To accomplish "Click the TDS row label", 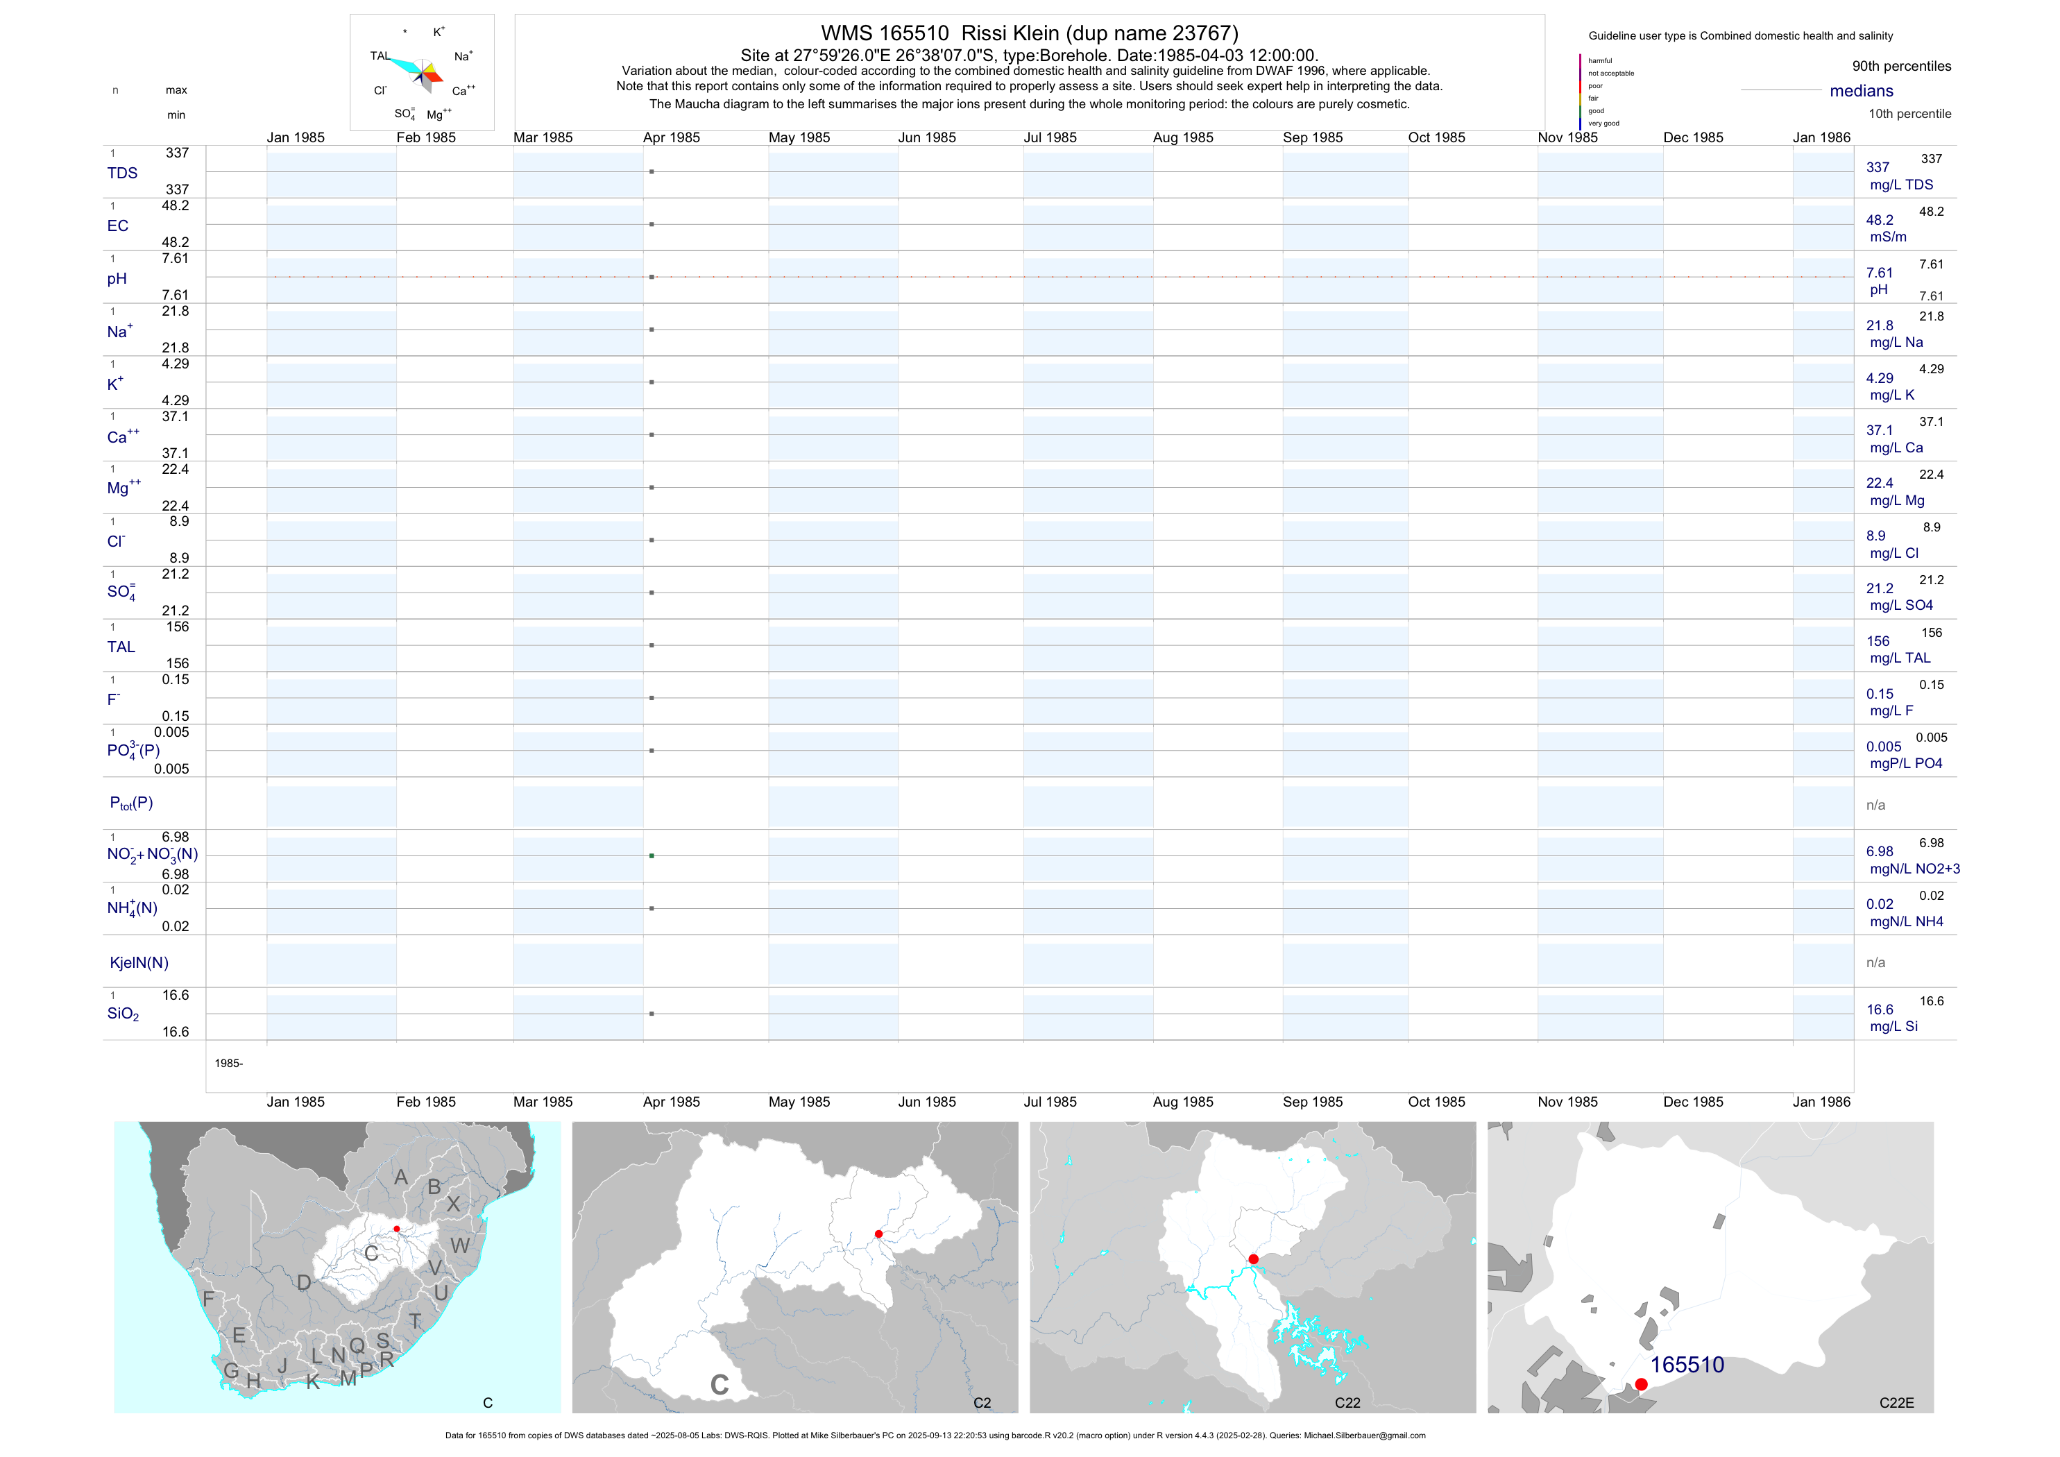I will tap(122, 173).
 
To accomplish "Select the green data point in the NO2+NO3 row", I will tap(652, 856).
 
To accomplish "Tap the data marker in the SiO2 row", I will tap(652, 1014).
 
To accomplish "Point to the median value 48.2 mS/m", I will tap(1880, 220).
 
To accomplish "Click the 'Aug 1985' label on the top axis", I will tap(1182, 137).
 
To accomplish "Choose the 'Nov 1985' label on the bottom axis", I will tap(1567, 1102).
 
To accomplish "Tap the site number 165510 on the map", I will tap(1687, 1365).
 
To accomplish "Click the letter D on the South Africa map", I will tap(304, 1283).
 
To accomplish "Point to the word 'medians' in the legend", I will tap(1862, 91).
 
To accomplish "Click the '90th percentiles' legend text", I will tap(1901, 67).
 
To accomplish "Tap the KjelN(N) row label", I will tap(139, 963).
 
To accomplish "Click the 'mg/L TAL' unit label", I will tap(1900, 658).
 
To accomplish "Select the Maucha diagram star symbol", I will tap(422, 73).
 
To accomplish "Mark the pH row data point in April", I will tap(652, 278).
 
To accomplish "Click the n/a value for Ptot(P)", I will tap(1875, 805).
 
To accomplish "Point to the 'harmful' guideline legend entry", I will tap(1600, 61).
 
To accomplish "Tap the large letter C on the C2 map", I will tap(719, 1384).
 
